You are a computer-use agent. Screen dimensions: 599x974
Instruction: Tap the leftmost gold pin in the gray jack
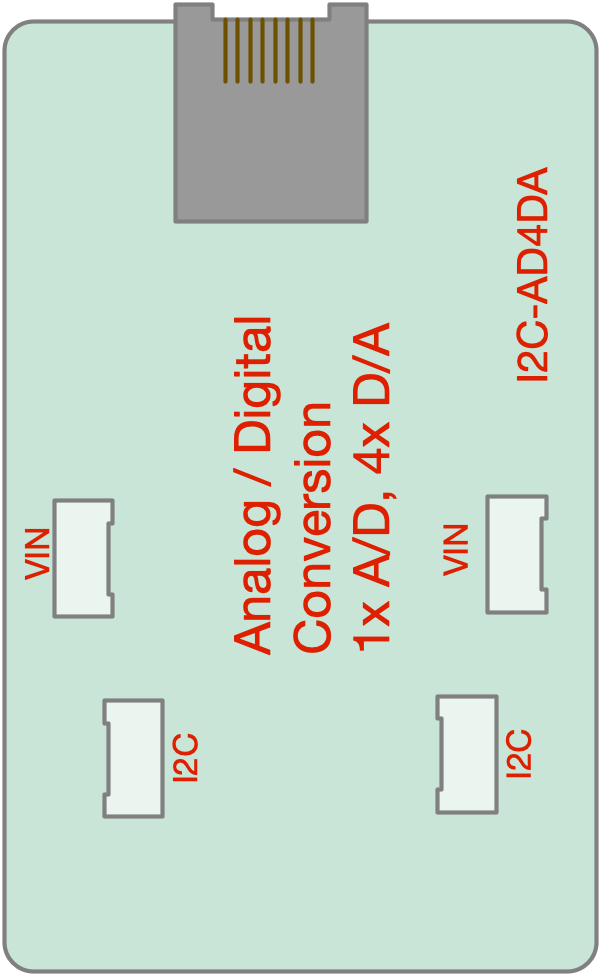(x=226, y=50)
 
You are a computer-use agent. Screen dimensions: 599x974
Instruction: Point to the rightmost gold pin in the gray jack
(x=313, y=50)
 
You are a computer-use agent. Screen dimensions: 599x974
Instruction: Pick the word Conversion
(x=313, y=527)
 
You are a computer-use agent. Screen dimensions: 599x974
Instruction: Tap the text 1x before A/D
(x=372, y=627)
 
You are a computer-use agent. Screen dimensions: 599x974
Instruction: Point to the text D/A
(x=372, y=365)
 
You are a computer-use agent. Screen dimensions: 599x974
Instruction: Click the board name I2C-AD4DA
(x=533, y=274)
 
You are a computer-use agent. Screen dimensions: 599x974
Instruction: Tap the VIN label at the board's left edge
(x=37, y=554)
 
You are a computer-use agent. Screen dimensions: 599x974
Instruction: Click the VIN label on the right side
(x=455, y=550)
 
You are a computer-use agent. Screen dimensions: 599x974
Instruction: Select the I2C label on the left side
(x=186, y=757)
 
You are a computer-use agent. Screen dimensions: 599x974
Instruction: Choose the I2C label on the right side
(x=519, y=753)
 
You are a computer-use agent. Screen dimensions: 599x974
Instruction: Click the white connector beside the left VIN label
(x=83, y=558)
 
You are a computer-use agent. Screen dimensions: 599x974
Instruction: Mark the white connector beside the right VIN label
(x=517, y=554)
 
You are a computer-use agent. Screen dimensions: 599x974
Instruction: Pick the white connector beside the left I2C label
(x=134, y=758)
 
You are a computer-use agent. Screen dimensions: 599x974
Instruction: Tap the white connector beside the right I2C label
(x=467, y=754)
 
